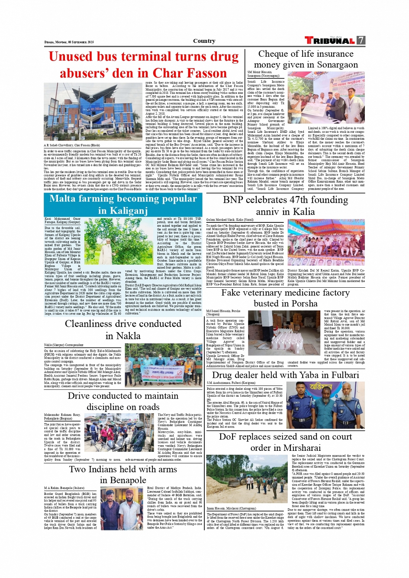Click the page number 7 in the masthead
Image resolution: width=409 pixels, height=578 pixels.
[x=361, y=41]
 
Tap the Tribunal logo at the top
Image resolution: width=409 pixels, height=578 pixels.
[x=330, y=41]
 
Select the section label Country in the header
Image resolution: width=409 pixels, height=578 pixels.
[x=204, y=41]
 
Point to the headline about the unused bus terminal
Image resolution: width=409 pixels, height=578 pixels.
[x=144, y=65]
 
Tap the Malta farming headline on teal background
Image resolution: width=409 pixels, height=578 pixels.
[x=123, y=205]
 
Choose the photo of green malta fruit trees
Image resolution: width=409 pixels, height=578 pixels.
[x=118, y=241]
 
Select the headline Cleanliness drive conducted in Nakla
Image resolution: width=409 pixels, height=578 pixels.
[x=123, y=330]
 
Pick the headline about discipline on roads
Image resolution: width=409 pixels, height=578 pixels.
[x=123, y=401]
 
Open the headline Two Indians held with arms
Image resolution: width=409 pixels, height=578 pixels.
[x=123, y=475]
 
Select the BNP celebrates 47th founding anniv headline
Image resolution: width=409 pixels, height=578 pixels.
[x=285, y=206]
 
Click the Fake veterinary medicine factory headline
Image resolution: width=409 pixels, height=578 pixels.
[x=285, y=298]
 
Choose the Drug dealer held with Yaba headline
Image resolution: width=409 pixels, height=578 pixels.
[x=285, y=375]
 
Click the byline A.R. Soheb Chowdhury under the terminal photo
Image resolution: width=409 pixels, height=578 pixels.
[x=72, y=145]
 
